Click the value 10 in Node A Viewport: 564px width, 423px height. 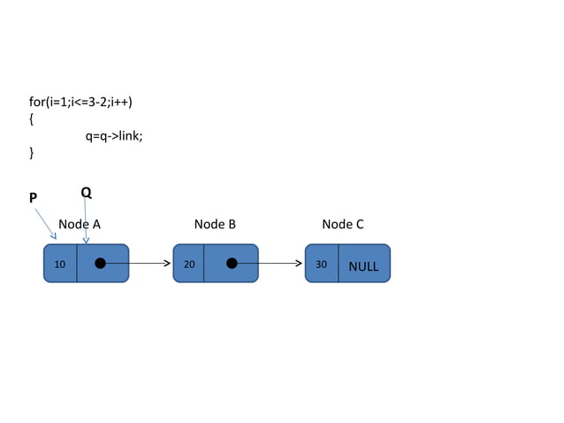pos(59,265)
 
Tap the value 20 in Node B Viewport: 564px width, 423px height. pos(189,265)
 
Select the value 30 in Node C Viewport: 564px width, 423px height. pos(321,265)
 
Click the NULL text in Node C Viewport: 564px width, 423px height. pos(363,265)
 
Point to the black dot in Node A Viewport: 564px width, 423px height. pos(101,263)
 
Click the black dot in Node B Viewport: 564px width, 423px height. pos(231,263)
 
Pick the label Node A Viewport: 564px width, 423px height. pos(80,225)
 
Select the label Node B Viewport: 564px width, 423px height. pos(215,225)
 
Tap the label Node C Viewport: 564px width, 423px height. pos(343,225)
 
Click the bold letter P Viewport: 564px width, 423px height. pos(33,198)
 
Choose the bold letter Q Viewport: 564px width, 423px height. pos(86,192)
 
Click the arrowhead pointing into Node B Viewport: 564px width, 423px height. pos(166,263)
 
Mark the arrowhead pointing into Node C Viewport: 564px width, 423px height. pos(298,263)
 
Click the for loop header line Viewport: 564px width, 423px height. pos(81,102)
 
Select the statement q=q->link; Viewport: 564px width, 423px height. pos(114,135)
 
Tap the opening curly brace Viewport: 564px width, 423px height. pos(32,119)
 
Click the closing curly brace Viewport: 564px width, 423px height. pos(32,153)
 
